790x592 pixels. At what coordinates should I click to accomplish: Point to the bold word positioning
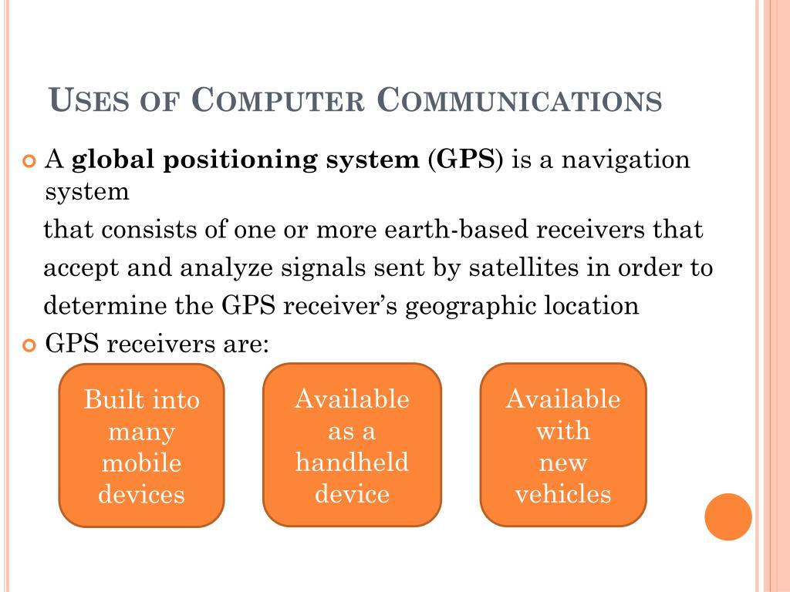228,161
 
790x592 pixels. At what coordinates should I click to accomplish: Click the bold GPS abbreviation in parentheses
465,160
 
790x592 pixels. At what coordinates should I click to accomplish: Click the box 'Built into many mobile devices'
141,446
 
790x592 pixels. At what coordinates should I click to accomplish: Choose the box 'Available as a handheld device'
352,446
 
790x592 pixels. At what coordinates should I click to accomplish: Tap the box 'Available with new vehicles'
562,446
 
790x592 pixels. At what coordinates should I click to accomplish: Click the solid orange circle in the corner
728,516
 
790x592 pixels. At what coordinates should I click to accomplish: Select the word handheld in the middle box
352,462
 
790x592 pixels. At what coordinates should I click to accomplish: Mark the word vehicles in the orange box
563,493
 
